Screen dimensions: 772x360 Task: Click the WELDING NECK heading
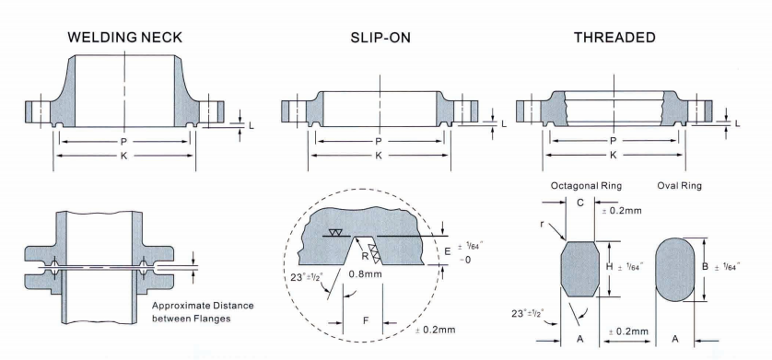(125, 38)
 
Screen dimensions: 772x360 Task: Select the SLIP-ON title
(380, 38)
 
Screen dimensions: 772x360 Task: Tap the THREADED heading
(615, 38)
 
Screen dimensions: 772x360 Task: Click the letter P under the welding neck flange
(124, 142)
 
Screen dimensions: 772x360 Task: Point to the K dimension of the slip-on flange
(379, 156)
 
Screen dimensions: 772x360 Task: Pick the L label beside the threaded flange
(737, 123)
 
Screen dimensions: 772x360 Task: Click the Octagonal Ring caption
(587, 186)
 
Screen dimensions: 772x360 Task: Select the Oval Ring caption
(680, 186)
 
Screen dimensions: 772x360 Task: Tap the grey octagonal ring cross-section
(580, 269)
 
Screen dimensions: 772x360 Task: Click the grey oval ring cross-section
(674, 270)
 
